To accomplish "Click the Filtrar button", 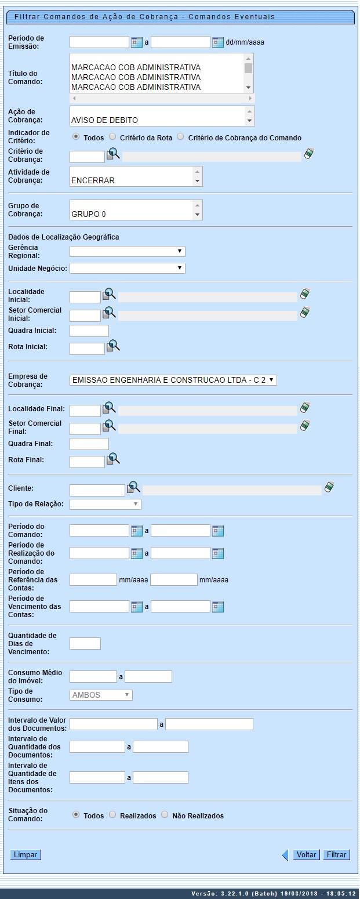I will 337,854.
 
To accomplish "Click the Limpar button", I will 26,854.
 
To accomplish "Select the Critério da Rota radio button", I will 113,137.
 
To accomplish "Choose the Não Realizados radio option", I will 165,815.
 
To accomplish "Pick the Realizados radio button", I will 113,815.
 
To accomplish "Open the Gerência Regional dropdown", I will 127,251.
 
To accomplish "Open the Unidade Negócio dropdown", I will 127,268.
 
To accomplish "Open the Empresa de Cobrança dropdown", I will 173,380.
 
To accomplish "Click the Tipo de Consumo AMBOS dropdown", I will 101,695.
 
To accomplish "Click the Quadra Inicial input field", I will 89,331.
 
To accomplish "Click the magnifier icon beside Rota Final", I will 113,459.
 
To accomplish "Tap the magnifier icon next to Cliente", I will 134,487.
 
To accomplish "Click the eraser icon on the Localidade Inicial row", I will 305,295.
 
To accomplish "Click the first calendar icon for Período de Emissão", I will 137,42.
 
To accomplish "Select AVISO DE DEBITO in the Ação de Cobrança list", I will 104,121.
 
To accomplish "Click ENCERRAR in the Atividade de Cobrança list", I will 93,180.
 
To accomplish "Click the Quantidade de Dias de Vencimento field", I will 85,643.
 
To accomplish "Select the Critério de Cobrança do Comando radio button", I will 180,137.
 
